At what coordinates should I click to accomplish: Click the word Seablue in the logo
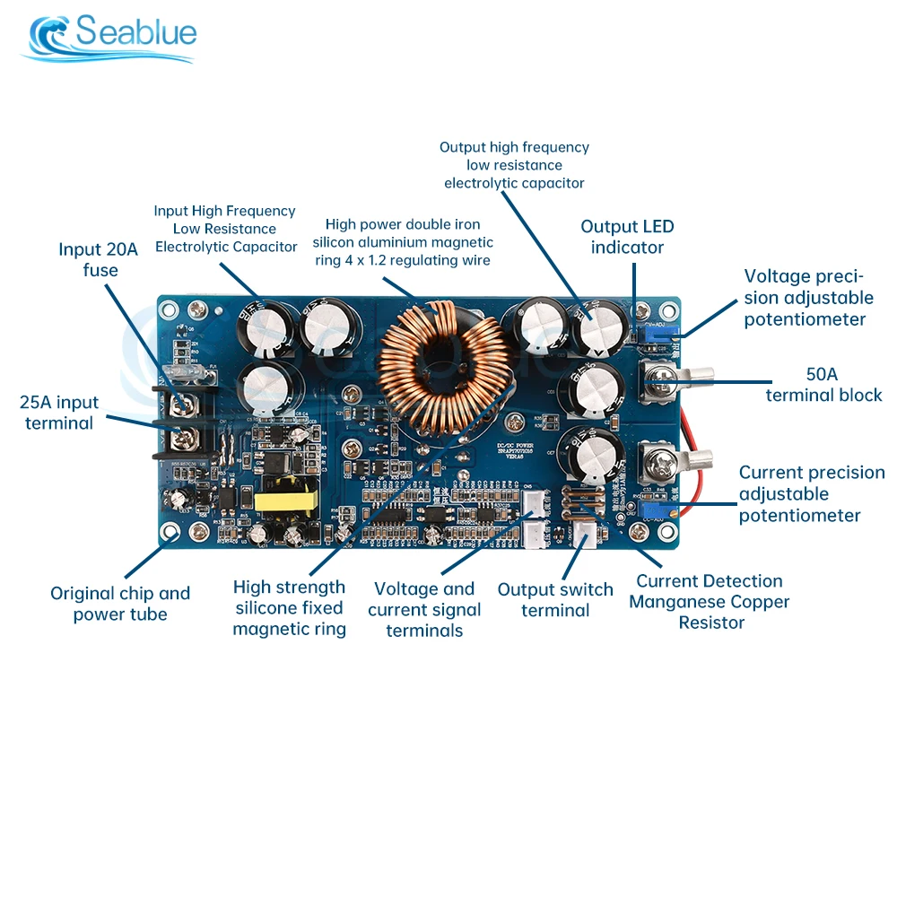135,33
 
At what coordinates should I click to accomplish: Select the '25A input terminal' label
59,413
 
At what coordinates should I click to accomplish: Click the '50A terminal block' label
823,384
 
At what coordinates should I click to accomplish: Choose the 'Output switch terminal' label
555,600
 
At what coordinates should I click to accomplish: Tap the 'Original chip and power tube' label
120,604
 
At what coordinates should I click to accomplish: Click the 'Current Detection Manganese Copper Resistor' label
710,601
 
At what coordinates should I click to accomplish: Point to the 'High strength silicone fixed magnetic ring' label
289,608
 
